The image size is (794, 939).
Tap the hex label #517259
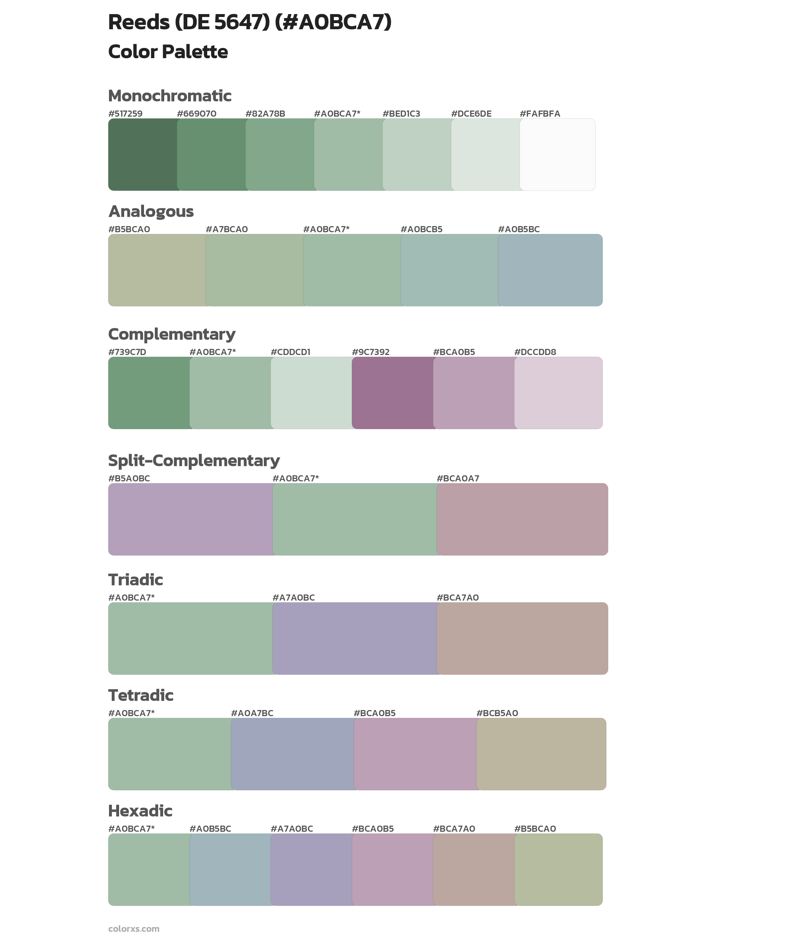click(x=125, y=113)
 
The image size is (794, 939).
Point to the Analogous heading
click(x=151, y=211)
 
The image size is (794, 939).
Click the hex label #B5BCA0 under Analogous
click(x=129, y=229)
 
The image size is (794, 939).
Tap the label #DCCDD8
click(x=535, y=352)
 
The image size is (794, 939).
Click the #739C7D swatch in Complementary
click(x=149, y=393)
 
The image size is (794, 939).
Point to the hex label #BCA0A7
click(x=458, y=478)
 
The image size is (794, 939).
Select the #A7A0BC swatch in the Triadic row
click(x=354, y=638)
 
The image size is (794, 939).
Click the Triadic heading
click(x=135, y=580)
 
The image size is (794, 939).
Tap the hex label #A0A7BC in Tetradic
click(x=252, y=713)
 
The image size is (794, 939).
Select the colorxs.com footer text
click(x=134, y=929)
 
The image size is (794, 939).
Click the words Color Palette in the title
click(x=168, y=52)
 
